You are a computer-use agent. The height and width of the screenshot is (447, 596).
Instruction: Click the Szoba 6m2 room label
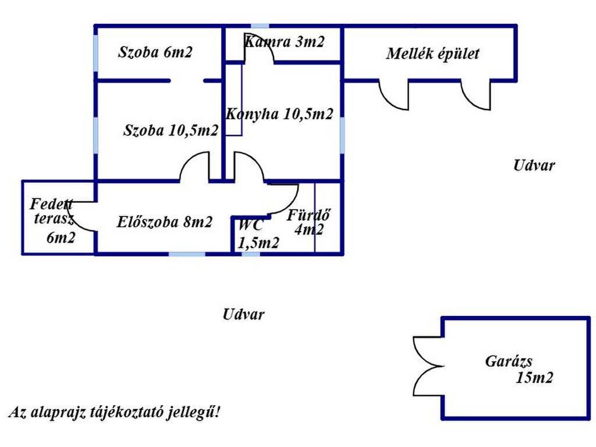[155, 52]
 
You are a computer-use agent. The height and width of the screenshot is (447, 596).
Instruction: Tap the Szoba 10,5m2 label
[171, 130]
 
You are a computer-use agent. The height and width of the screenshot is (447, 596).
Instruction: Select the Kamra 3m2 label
[284, 41]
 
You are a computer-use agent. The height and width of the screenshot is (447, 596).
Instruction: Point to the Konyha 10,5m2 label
[279, 113]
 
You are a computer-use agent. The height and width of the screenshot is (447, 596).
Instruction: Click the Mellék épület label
[432, 54]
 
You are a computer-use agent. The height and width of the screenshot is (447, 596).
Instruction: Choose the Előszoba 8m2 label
[164, 222]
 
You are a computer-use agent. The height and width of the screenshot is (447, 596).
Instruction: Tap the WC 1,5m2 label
[258, 233]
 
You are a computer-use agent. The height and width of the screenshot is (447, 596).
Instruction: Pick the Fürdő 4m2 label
[308, 222]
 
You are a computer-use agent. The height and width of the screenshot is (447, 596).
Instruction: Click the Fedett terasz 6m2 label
[52, 221]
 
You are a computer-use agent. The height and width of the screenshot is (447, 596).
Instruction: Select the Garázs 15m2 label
[519, 369]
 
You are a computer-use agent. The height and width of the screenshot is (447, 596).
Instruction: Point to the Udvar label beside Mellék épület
[534, 165]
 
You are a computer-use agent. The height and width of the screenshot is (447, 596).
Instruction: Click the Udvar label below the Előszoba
[243, 314]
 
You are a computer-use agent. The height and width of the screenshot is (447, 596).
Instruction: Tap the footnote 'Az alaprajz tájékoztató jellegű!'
[114, 412]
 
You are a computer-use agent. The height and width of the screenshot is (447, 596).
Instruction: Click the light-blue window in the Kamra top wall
[260, 26]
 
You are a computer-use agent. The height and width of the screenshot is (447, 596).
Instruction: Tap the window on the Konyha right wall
[342, 135]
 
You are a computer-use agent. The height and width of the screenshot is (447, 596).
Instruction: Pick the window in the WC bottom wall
[251, 254]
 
